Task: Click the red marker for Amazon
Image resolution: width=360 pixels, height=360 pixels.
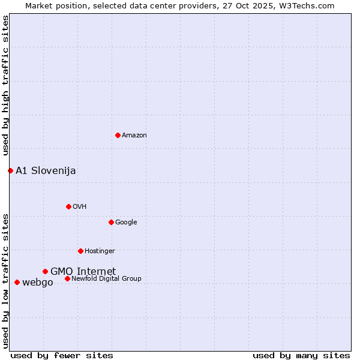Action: coord(118,135)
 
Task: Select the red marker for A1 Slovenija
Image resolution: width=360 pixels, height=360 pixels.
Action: coord(10,170)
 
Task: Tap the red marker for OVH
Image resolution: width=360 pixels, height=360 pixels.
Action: coord(68,206)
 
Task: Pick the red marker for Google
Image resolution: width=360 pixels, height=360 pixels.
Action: coord(111,222)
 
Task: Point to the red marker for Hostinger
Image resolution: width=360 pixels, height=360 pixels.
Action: coord(80,251)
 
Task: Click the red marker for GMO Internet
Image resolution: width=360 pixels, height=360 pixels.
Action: coord(45,271)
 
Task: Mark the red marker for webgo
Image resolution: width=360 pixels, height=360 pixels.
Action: coord(17,282)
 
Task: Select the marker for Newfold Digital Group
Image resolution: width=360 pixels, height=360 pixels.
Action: coord(67,278)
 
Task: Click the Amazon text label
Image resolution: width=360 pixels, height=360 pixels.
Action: coord(134,136)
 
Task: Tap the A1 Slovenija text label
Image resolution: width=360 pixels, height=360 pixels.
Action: coord(46,171)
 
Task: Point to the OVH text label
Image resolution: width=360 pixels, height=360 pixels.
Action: coord(80,207)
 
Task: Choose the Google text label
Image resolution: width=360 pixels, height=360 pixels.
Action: coord(126,223)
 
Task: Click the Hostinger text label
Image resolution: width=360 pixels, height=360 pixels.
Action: coord(100,251)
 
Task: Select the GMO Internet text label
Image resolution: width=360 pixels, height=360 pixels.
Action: coord(83,271)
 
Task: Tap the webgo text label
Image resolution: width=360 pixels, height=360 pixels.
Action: coord(37,283)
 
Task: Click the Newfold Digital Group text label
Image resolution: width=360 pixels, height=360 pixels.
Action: coord(106,279)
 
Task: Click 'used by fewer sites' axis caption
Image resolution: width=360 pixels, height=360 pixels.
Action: coord(62,355)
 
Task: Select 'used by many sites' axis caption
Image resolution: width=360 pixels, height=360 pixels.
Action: coord(301,355)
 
